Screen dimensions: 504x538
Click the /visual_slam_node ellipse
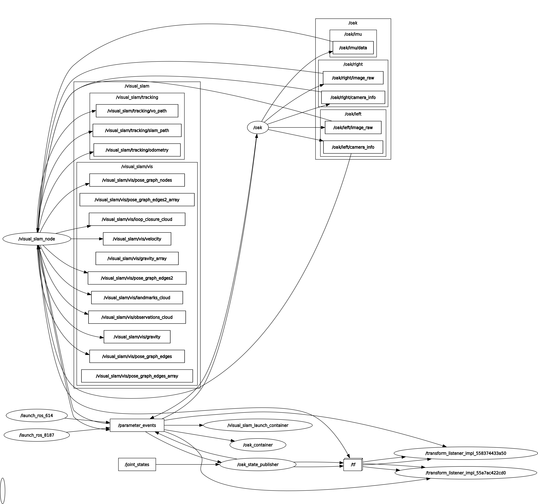(37, 239)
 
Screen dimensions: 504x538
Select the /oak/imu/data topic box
(353, 48)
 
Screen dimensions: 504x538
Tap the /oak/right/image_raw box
(353, 78)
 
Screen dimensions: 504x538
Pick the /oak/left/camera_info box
(353, 147)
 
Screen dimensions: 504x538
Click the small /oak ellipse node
(258, 127)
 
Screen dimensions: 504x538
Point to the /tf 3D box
(353, 465)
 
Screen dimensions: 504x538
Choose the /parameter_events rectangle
(137, 425)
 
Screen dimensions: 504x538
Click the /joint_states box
(137, 464)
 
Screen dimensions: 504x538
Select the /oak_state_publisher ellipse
(258, 464)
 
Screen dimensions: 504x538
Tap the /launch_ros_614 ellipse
(37, 415)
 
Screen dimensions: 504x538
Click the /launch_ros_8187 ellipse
(37, 435)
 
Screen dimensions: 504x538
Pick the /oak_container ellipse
(258, 445)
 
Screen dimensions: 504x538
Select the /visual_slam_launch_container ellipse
(258, 425)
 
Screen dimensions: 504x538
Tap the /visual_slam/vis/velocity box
(137, 239)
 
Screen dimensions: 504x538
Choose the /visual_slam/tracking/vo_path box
(137, 111)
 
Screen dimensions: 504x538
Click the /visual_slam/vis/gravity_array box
(137, 258)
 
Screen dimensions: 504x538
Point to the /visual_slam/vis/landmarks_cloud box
(137, 298)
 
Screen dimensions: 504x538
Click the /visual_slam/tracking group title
(137, 97)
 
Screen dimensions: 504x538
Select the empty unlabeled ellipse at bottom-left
(3, 491)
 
